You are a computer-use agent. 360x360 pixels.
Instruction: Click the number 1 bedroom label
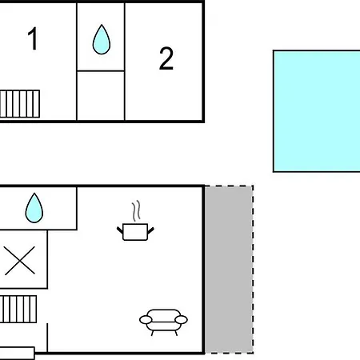pyautogui.click(x=33, y=38)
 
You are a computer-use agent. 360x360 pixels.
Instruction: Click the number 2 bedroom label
pyautogui.click(x=166, y=58)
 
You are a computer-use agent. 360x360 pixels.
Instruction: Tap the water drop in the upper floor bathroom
pyautogui.click(x=102, y=39)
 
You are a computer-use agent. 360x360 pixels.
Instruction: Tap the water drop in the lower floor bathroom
pyautogui.click(x=34, y=208)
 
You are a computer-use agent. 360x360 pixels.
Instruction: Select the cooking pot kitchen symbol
pyautogui.click(x=135, y=232)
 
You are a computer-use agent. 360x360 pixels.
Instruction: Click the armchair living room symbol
pyautogui.click(x=163, y=322)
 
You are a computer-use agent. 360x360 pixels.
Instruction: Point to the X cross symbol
pyautogui.click(x=20, y=261)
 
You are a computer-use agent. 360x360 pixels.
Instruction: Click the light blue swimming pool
pyautogui.click(x=317, y=111)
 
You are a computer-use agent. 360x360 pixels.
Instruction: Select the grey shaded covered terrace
pyautogui.click(x=229, y=270)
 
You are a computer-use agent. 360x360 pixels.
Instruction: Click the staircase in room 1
pyautogui.click(x=20, y=104)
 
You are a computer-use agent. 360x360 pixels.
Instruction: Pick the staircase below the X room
pyautogui.click(x=18, y=309)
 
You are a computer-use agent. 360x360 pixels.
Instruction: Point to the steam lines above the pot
pyautogui.click(x=136, y=210)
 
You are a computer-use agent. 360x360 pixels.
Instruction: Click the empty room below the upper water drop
pyautogui.click(x=101, y=95)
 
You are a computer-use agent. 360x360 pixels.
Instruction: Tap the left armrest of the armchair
pyautogui.click(x=146, y=319)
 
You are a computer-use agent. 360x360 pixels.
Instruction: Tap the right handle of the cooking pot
pyautogui.click(x=151, y=230)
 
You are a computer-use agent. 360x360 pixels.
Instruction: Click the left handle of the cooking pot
pyautogui.click(x=120, y=230)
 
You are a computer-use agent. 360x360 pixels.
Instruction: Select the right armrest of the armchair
pyautogui.click(x=181, y=319)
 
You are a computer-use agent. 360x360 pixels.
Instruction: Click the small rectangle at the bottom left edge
pyautogui.click(x=17, y=354)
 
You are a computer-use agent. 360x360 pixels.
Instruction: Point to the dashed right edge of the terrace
pyautogui.click(x=253, y=270)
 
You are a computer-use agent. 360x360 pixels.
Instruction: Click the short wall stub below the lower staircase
pyautogui.click(x=47, y=338)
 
